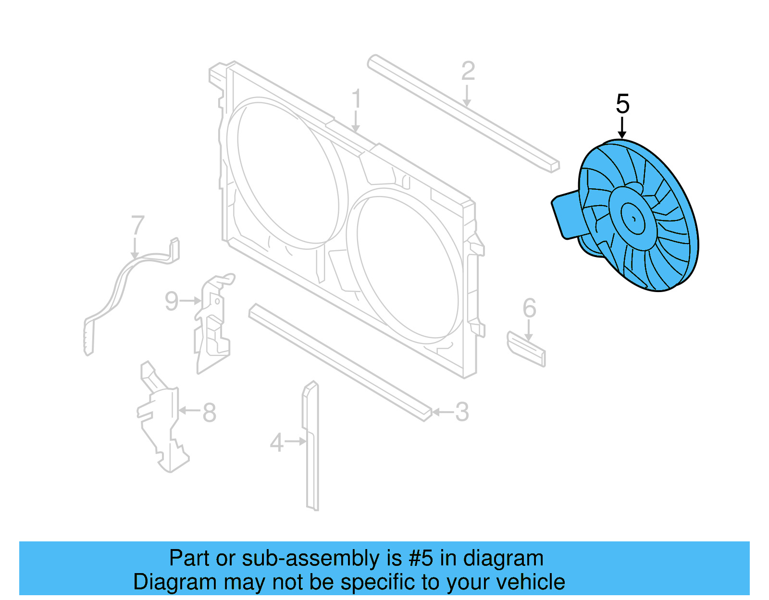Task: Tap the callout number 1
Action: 356,99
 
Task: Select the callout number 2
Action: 468,71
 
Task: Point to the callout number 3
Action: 462,412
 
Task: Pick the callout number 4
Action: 276,442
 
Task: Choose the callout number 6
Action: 529,308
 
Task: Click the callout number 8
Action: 209,412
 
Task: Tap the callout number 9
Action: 172,301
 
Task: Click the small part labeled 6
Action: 526,349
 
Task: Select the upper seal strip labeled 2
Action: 461,113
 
